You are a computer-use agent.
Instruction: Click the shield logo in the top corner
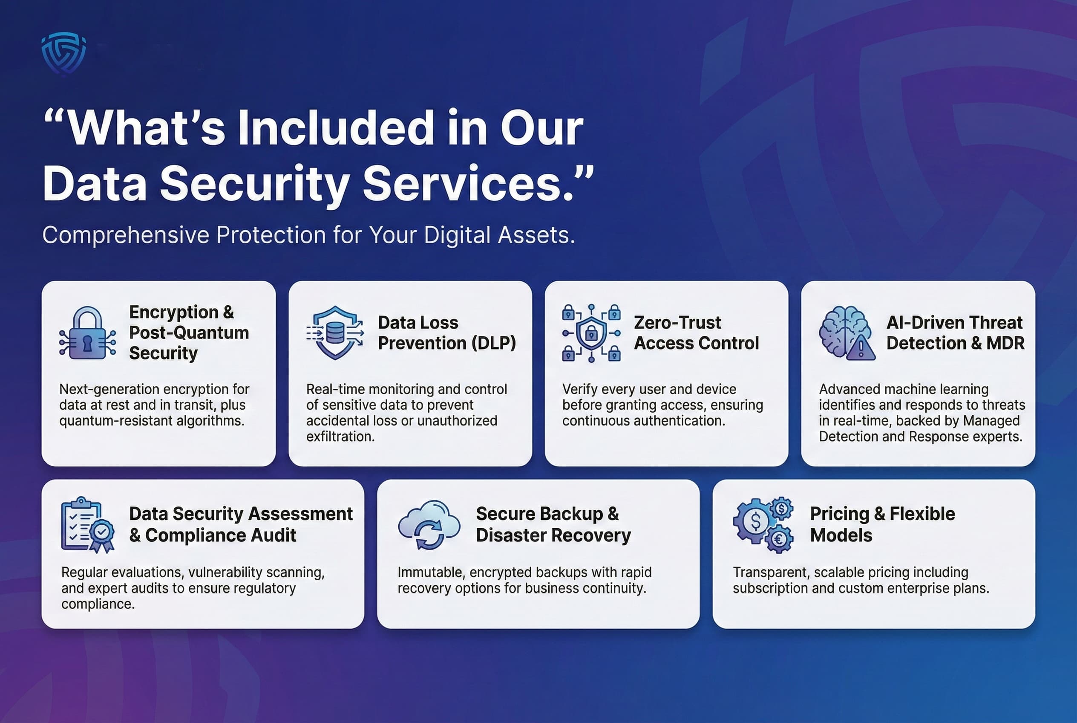63,53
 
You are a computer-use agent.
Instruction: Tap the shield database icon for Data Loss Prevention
335,333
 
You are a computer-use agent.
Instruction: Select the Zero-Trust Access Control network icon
591,333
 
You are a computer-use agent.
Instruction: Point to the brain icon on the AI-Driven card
841,330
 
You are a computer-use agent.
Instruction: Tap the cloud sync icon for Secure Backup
429,525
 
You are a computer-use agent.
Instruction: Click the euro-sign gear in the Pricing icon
779,538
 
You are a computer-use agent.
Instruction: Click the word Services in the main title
468,183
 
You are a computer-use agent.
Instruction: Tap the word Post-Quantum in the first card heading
189,333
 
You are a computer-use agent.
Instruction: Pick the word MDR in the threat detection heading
1005,343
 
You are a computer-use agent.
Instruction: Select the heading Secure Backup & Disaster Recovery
553,524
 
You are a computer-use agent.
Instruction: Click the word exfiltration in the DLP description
340,436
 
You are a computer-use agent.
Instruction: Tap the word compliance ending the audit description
97,604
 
